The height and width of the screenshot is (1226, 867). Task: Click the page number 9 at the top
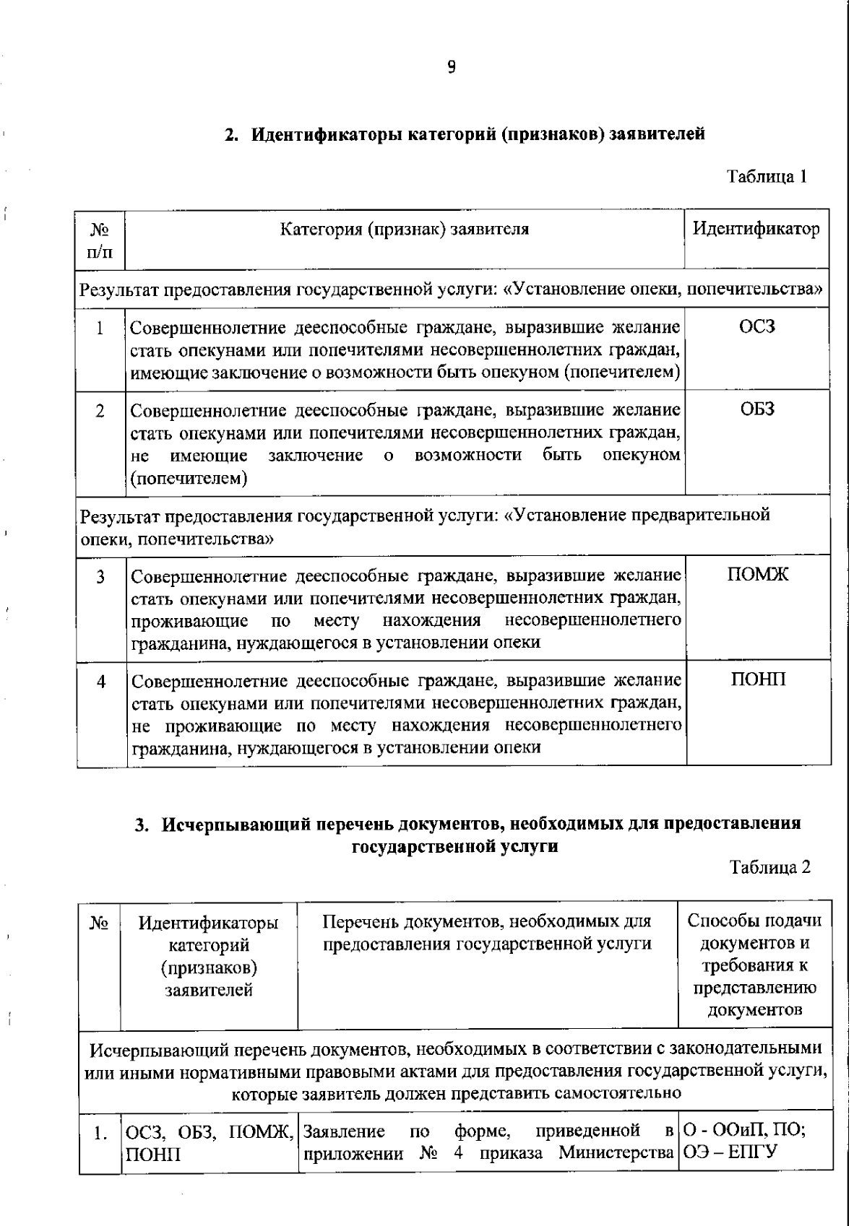click(x=451, y=67)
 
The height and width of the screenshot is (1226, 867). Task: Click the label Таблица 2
click(x=769, y=867)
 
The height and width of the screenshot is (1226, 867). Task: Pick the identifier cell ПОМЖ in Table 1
click(x=757, y=575)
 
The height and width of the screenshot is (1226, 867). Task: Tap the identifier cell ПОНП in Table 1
click(x=757, y=679)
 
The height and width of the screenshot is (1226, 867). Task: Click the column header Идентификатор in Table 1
click(x=756, y=230)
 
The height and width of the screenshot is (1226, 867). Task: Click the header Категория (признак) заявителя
click(x=405, y=230)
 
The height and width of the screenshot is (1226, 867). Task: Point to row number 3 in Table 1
click(x=100, y=576)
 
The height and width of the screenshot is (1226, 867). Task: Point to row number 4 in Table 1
click(x=101, y=681)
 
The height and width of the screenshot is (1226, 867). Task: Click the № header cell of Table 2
click(x=99, y=923)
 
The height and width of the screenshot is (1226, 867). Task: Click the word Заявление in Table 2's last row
click(x=344, y=1131)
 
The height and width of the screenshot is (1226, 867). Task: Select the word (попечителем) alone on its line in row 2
click(x=189, y=478)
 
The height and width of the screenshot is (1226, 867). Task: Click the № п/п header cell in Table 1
click(x=100, y=240)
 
